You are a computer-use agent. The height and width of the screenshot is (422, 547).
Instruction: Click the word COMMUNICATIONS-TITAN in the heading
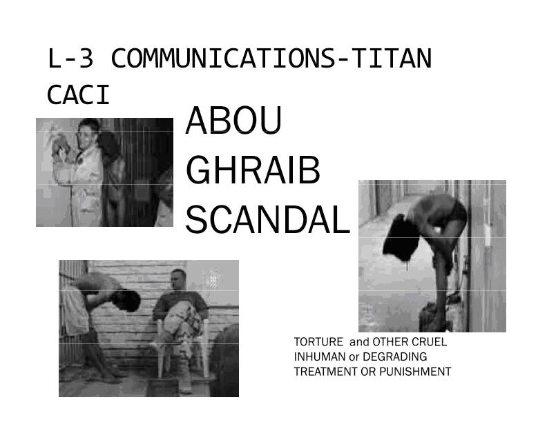(x=271, y=58)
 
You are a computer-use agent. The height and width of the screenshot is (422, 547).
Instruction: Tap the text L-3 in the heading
(x=70, y=58)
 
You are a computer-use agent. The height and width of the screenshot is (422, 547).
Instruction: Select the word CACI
(x=79, y=95)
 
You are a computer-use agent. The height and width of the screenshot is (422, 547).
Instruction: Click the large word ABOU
(x=233, y=121)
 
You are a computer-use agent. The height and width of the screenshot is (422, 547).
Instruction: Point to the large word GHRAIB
(x=253, y=170)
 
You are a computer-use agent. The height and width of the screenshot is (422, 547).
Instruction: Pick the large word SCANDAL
(x=267, y=220)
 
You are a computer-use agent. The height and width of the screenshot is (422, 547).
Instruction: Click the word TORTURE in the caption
(x=318, y=342)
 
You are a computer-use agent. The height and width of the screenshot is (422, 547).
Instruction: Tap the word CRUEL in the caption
(x=429, y=342)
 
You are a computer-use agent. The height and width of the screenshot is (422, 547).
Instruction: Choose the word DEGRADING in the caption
(x=394, y=357)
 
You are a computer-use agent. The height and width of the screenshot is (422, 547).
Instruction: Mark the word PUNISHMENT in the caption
(x=415, y=372)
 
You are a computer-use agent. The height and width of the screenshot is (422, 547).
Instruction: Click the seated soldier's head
(x=178, y=279)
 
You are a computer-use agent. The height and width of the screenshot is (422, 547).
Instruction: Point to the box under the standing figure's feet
(x=434, y=318)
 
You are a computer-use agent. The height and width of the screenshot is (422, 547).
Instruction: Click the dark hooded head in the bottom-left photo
(x=126, y=300)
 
